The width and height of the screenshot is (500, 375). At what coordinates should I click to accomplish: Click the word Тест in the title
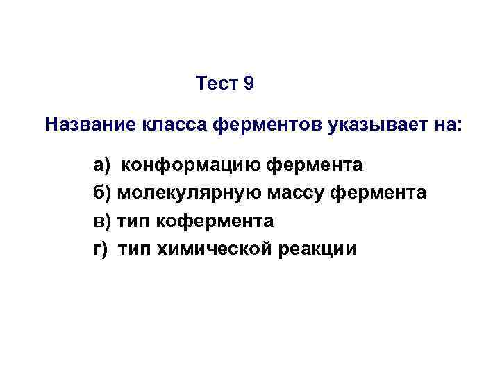[217, 85]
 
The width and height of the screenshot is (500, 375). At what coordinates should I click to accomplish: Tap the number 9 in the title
[249, 85]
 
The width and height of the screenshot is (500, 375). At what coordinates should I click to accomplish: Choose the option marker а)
[102, 166]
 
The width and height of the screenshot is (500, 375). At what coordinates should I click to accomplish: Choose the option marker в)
[102, 222]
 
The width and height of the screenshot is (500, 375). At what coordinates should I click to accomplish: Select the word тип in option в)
[132, 222]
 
